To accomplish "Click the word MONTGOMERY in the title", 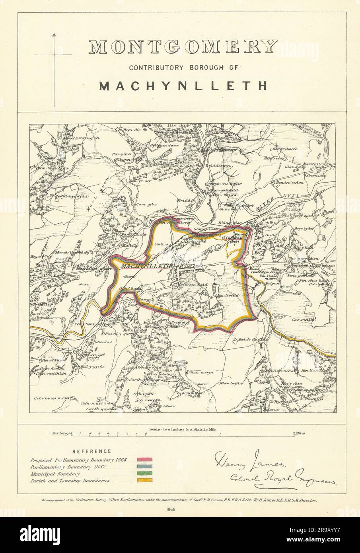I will (183, 47).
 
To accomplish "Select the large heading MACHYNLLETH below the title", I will (183, 86).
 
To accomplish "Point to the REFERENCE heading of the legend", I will (92, 451).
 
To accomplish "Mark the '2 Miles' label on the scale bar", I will (299, 433).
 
